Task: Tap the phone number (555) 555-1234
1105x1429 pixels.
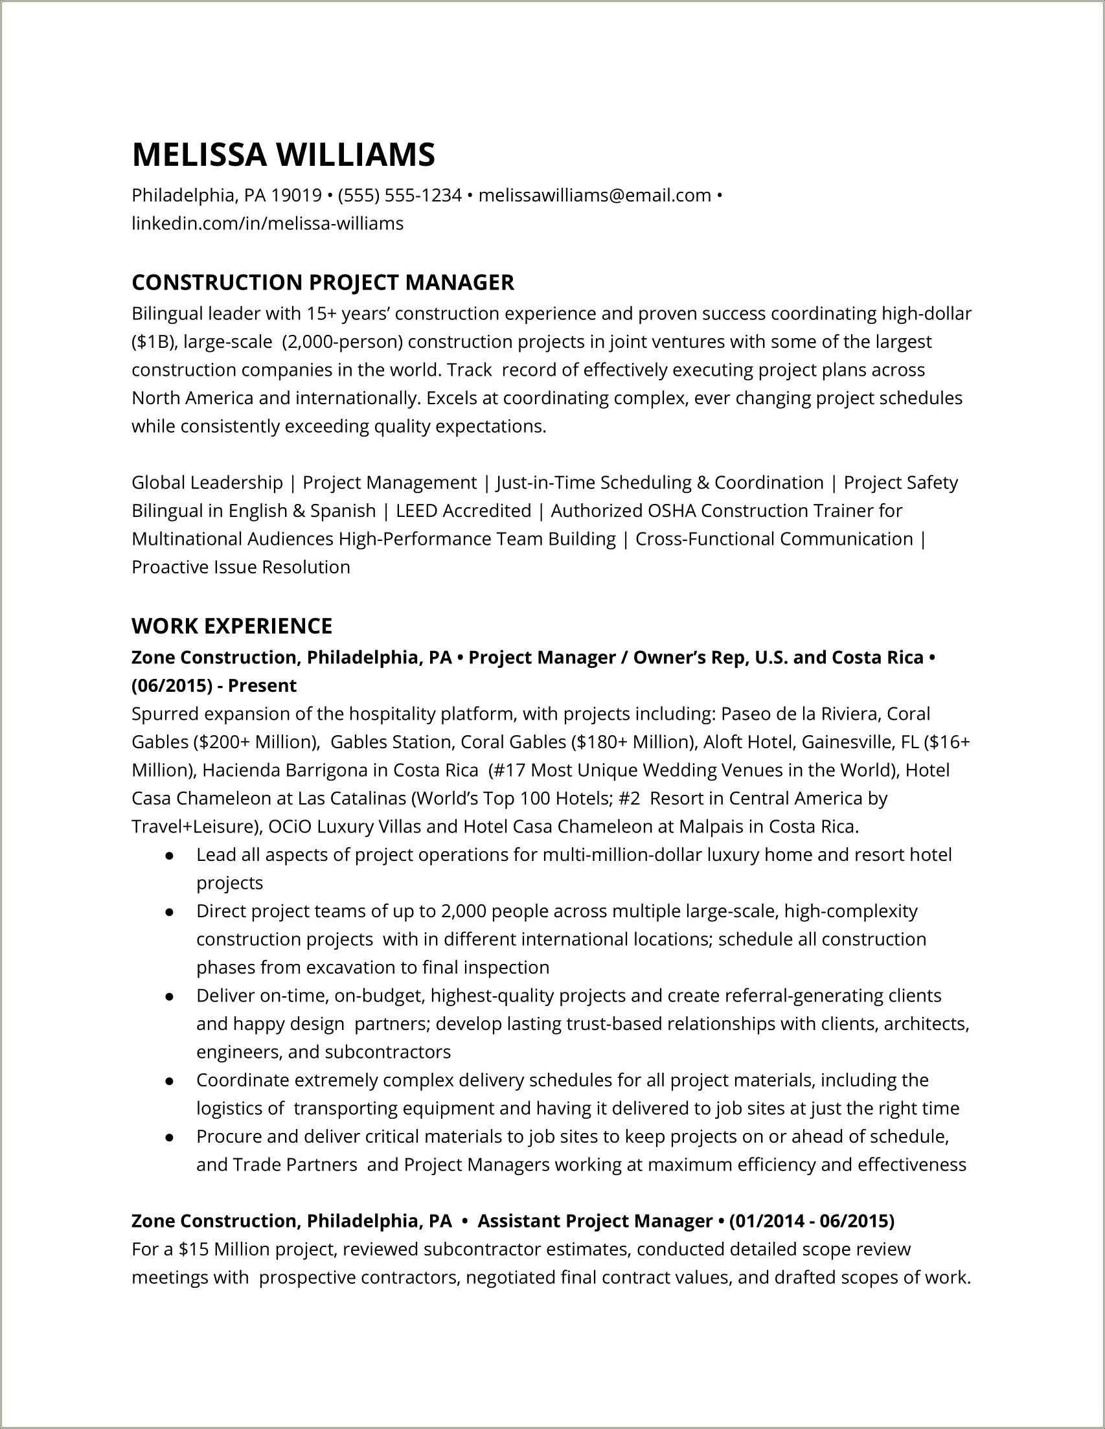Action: [x=400, y=195]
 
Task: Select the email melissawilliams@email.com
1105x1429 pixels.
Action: [x=595, y=195]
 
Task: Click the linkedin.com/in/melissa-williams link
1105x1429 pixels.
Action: [x=268, y=223]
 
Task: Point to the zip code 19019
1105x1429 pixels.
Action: [x=297, y=195]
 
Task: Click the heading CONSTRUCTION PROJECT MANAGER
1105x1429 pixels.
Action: [x=323, y=282]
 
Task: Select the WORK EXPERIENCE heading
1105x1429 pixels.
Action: [x=233, y=626]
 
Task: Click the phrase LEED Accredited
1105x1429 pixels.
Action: [x=464, y=510]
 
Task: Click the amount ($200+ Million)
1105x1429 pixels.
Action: [x=256, y=742]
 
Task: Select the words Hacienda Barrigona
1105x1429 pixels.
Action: [x=285, y=770]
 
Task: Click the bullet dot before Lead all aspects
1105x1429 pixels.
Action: [x=170, y=856]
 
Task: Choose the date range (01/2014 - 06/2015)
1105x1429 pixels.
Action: [x=811, y=1221]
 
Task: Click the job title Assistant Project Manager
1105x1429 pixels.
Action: [x=595, y=1221]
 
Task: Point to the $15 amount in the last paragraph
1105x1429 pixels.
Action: [x=194, y=1250]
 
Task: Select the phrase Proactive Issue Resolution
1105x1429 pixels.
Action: [x=241, y=567]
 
